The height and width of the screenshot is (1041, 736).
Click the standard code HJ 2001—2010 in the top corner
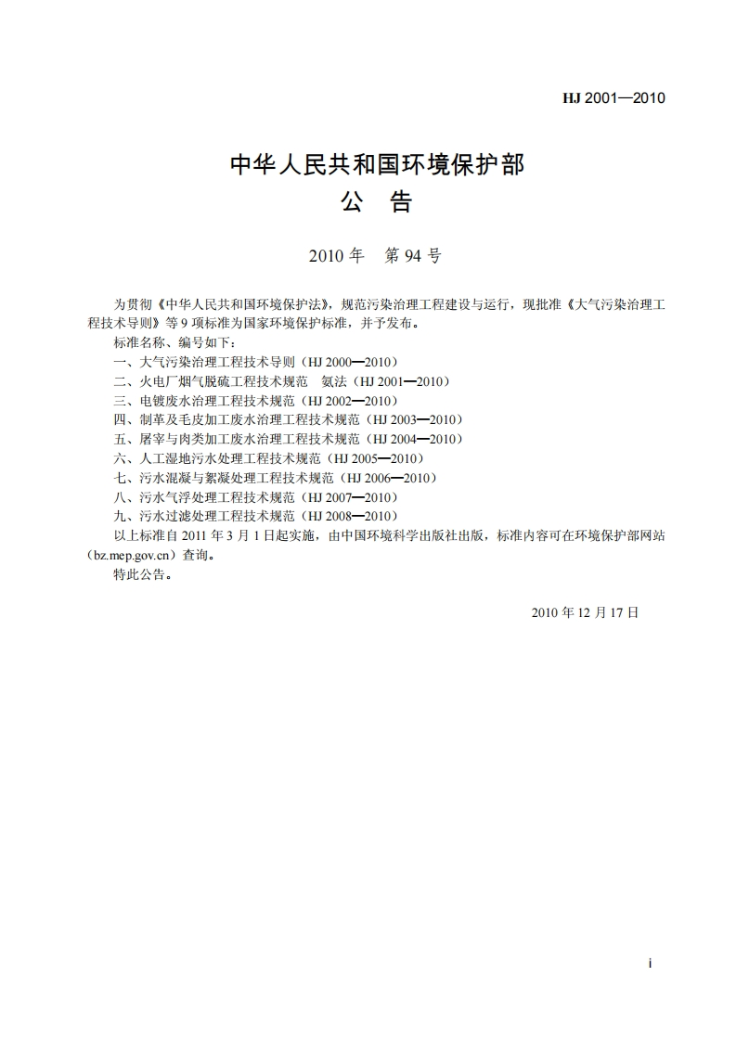click(x=614, y=97)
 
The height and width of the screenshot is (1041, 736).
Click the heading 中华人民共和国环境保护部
click(x=377, y=165)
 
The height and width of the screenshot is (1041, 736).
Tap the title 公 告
click(x=377, y=202)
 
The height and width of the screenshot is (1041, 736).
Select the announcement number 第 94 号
click(x=412, y=256)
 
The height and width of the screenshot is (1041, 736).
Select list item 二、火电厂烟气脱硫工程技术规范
click(x=211, y=381)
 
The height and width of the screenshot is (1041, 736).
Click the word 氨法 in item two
click(x=333, y=381)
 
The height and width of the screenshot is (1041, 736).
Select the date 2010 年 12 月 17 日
click(x=586, y=612)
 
